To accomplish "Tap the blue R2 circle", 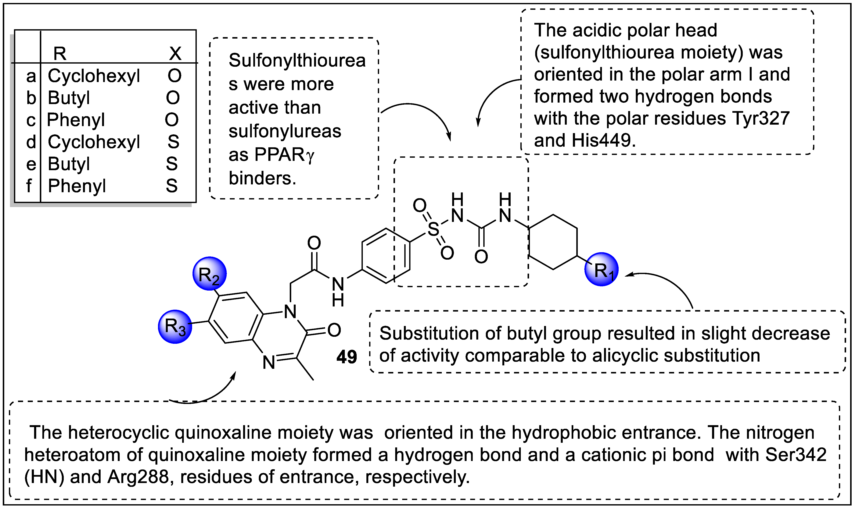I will pos(209,274).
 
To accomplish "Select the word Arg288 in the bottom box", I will pos(138,477).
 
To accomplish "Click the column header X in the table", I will pos(175,53).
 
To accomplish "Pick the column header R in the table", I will pos(60,53).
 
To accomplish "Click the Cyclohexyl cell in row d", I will pos(94,142).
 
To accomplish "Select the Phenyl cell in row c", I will pos(76,120).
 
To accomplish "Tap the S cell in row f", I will pos(172,186).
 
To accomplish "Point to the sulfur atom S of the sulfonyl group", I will pos(433,229).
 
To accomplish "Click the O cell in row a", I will pos(175,76).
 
